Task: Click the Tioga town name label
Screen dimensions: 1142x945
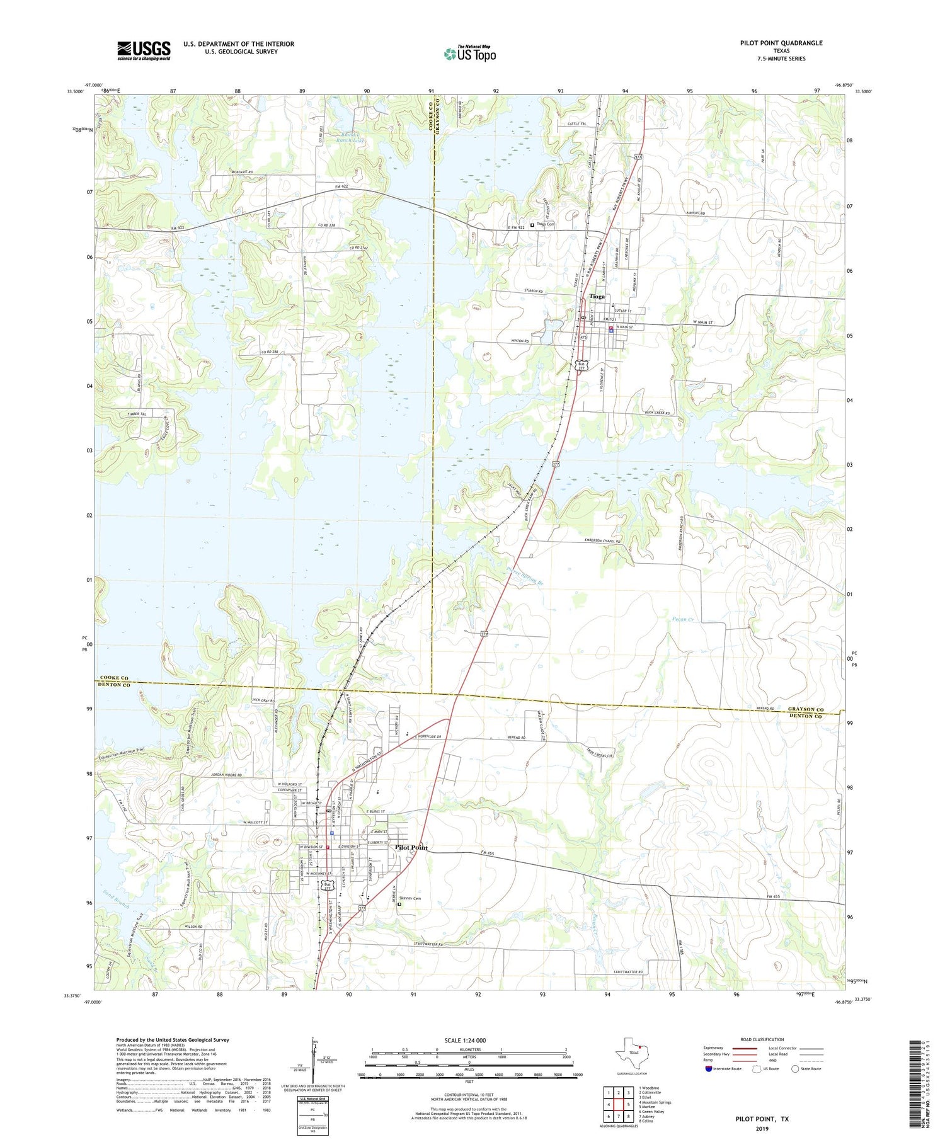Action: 596,296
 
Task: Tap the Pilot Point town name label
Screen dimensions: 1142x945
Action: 411,847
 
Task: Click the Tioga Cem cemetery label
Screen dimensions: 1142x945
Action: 546,224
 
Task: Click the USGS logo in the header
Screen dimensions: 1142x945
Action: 144,50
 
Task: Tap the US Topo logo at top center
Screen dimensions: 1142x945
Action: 469,54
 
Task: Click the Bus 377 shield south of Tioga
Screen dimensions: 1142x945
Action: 582,365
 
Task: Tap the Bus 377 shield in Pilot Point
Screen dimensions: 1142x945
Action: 326,886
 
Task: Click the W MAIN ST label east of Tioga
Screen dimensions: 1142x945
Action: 706,323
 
